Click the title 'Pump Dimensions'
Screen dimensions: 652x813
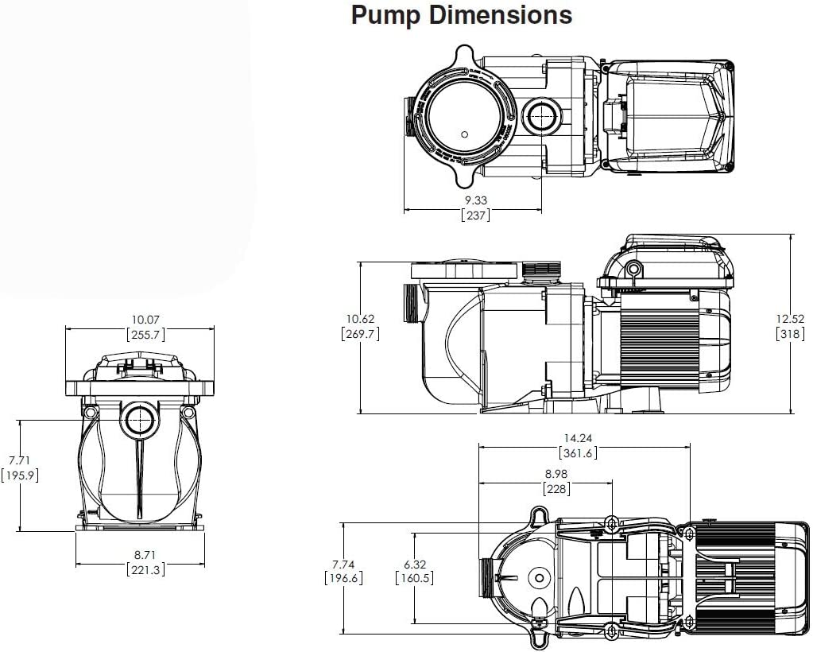(461, 15)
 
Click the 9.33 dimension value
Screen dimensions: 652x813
(475, 201)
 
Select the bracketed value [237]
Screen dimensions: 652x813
(475, 215)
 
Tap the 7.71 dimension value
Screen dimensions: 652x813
(19, 460)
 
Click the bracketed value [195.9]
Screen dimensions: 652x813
(19, 475)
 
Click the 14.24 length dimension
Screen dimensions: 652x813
(577, 438)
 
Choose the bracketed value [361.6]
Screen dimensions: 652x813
(577, 453)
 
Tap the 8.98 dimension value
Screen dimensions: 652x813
(556, 474)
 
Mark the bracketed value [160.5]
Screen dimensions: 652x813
(413, 578)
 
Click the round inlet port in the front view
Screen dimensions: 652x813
(140, 418)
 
